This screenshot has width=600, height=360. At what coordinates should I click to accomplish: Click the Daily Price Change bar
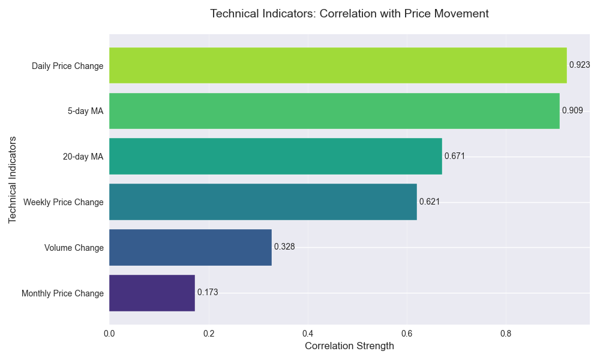pyautogui.click(x=338, y=65)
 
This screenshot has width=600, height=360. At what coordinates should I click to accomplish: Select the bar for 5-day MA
pyautogui.click(x=334, y=111)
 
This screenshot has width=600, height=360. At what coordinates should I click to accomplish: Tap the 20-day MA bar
pyautogui.click(x=275, y=157)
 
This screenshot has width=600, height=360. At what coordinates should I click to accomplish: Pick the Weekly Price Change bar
pyautogui.click(x=263, y=202)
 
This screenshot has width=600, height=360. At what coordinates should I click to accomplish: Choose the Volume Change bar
pyautogui.click(x=190, y=248)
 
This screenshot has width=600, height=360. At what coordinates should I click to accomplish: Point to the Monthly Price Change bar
pyautogui.click(x=152, y=293)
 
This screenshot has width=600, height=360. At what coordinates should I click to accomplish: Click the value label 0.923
pyautogui.click(x=580, y=65)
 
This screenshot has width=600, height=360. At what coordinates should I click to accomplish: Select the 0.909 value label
pyautogui.click(x=572, y=110)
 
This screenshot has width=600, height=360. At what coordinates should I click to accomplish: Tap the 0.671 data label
pyautogui.click(x=455, y=156)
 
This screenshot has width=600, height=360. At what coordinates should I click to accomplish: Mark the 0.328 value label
pyautogui.click(x=284, y=247)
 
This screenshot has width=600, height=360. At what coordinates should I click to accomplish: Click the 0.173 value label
pyautogui.click(x=208, y=292)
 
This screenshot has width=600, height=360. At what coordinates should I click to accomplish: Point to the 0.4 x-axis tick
pyautogui.click(x=308, y=334)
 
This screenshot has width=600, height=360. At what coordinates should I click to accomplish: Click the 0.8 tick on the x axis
pyautogui.click(x=506, y=334)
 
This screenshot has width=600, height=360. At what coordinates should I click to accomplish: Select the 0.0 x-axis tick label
pyautogui.click(x=109, y=334)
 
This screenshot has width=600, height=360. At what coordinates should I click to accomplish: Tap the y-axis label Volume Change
pyautogui.click(x=74, y=248)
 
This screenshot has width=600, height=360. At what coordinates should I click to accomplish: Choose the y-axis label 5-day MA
pyautogui.click(x=85, y=111)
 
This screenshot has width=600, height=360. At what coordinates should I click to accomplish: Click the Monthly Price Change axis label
pyautogui.click(x=62, y=293)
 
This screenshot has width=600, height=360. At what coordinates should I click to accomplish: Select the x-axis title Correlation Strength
pyautogui.click(x=349, y=346)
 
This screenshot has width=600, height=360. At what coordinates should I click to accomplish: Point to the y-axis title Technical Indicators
pyautogui.click(x=13, y=179)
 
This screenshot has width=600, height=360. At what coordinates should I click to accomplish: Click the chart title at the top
pyautogui.click(x=349, y=14)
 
